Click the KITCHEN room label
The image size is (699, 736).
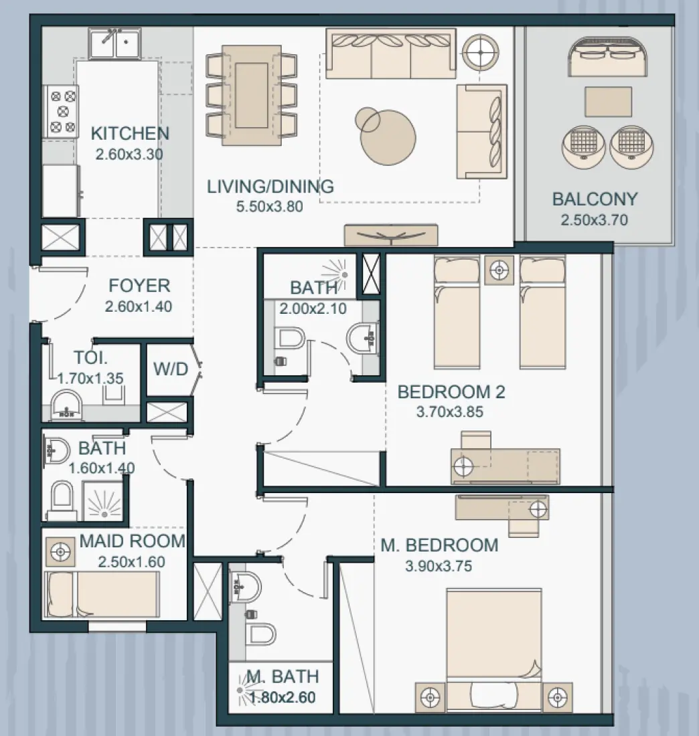[130, 133]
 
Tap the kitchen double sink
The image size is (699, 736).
[115, 44]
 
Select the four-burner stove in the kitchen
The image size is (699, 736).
[60, 112]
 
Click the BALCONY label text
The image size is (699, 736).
[595, 199]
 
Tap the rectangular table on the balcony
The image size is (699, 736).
[607, 101]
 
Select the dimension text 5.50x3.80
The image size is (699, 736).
[270, 207]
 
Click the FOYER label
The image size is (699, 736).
[139, 286]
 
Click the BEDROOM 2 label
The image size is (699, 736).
[451, 392]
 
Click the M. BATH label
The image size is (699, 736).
[281, 677]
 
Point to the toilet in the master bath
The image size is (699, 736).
[262, 632]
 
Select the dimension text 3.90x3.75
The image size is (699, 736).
[439, 567]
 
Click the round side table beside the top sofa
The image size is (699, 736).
[481, 49]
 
